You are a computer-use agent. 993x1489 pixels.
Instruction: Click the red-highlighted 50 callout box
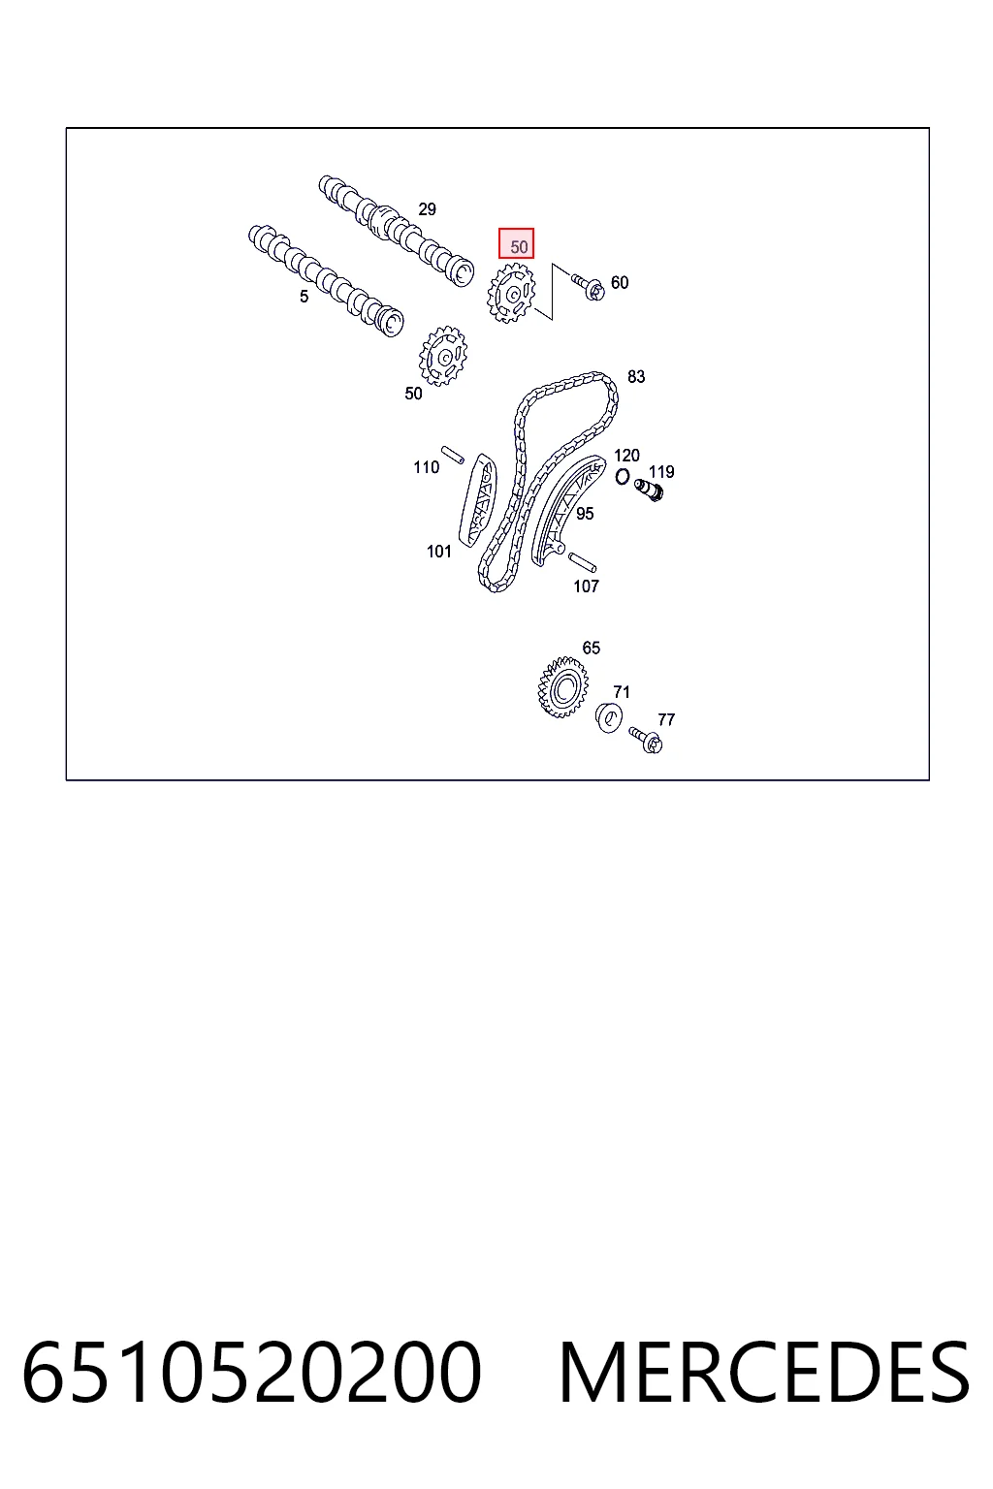[516, 243]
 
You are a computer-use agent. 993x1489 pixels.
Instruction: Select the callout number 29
[427, 209]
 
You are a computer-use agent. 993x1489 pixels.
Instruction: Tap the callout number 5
[304, 298]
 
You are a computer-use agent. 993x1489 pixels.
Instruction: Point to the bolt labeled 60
[588, 287]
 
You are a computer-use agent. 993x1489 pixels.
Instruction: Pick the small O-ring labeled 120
[622, 477]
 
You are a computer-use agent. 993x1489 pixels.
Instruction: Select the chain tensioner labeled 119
[649, 491]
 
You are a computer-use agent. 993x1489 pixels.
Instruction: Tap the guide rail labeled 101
[477, 501]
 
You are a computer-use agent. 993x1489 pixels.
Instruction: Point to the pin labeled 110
[452, 455]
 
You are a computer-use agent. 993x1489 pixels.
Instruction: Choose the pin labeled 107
[583, 562]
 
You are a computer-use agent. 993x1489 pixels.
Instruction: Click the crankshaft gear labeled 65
[562, 687]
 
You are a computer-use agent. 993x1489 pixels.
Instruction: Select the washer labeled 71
[609, 718]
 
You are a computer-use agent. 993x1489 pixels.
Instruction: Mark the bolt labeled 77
[645, 741]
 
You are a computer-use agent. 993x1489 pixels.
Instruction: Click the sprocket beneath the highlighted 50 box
[511, 293]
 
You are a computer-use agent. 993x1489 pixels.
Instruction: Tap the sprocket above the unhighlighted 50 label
[443, 356]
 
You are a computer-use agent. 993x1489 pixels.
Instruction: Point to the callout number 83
[636, 377]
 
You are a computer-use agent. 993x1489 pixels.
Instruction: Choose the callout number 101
[439, 551]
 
